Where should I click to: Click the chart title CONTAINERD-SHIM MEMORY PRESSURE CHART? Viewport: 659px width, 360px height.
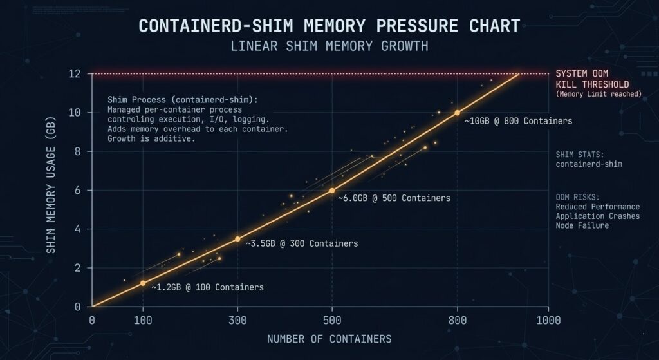(x=329, y=26)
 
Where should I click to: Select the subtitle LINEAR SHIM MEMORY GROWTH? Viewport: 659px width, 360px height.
(x=329, y=47)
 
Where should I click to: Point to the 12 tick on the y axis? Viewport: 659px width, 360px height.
(x=75, y=74)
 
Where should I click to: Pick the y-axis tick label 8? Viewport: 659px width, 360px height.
(x=77, y=151)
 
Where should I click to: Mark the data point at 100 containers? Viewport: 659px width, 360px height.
(x=143, y=283)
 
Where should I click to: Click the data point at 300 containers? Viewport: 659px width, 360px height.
(x=237, y=239)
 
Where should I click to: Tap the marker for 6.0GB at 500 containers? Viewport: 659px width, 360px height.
(x=332, y=191)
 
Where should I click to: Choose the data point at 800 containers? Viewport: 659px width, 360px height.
(x=457, y=113)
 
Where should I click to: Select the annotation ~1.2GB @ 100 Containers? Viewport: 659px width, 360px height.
(x=207, y=287)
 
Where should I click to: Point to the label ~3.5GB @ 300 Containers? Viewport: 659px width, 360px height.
(x=302, y=243)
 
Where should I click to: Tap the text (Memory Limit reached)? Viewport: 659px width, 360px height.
(x=599, y=94)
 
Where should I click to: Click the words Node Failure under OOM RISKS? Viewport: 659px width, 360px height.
(x=582, y=225)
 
